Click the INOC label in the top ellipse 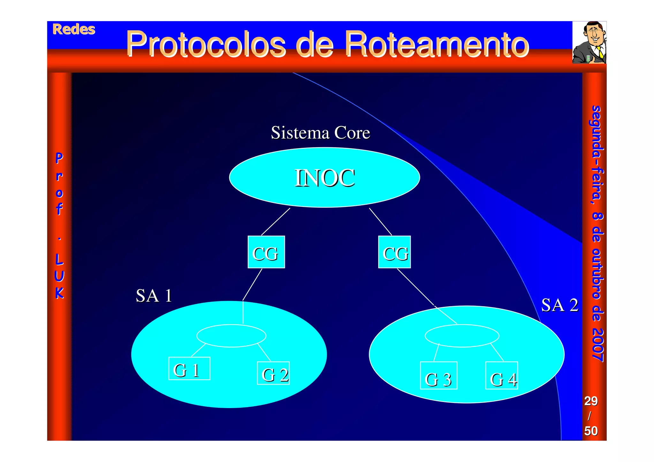324,178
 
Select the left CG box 266,252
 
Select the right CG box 394,252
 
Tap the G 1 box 189,369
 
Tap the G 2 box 273,373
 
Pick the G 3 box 438,376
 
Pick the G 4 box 501,376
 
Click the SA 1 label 154,295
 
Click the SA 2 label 559,305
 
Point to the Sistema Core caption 320,133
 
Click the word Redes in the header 74,29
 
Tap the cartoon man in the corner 589,42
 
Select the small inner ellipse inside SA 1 231,336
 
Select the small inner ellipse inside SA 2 462,336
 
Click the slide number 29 591,401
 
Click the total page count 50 591,431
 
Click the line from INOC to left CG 276,222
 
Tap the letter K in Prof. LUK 59,293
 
